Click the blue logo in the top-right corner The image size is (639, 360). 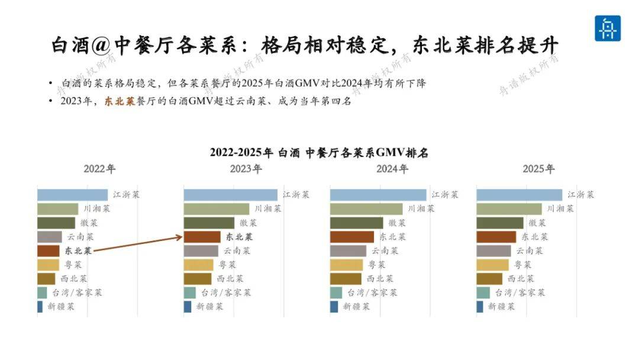click(607, 28)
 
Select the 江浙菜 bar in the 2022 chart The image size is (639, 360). click(73, 195)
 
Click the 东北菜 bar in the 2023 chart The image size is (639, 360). click(202, 237)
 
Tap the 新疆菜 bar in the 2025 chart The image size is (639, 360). click(480, 307)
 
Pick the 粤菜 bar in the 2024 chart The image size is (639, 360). click(346, 265)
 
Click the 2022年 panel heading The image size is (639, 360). click(99, 169)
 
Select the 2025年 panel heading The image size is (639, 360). click(538, 169)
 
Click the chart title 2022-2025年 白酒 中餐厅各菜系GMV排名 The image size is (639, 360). click(319, 153)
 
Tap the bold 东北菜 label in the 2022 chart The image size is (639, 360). click(78, 250)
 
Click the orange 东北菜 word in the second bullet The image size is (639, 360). click(120, 101)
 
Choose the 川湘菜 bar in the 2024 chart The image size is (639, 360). click(366, 209)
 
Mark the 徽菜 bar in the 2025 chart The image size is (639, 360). click(500, 223)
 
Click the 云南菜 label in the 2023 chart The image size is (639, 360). click(237, 250)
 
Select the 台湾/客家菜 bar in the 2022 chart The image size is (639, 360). click(43, 292)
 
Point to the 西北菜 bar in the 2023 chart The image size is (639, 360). click(198, 279)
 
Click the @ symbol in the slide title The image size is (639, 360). click(101, 45)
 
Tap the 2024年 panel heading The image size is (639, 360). click(392, 169)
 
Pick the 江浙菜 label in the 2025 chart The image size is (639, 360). click(581, 195)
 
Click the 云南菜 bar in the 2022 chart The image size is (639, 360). click(50, 237)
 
